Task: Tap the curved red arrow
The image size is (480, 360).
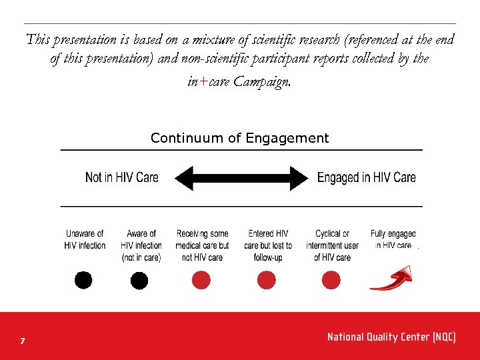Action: coord(391,279)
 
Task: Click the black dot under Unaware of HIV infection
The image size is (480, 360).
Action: coord(83,280)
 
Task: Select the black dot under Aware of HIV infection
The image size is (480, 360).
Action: coord(139,281)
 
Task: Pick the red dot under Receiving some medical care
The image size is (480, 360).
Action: coord(201,280)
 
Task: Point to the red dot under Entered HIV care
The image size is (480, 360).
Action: coord(266,280)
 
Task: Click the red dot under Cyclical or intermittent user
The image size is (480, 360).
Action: coord(331,280)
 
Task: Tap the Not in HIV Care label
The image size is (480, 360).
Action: coord(122,177)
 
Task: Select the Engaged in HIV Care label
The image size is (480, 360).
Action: coord(366,177)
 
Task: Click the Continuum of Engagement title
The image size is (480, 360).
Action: coord(239,138)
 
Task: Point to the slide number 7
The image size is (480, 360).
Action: coord(23,341)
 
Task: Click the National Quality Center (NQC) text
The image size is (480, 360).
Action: coord(391,337)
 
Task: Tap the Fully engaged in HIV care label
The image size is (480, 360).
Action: coord(393,239)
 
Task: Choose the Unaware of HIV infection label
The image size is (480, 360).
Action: coord(85,239)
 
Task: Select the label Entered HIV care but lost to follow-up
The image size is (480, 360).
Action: coord(268,245)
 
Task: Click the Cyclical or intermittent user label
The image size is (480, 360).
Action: coord(332,245)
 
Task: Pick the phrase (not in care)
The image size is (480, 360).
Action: coord(141,257)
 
